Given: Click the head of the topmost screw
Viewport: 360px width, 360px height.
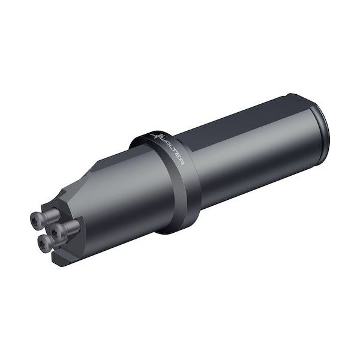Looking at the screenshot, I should tap(34, 215).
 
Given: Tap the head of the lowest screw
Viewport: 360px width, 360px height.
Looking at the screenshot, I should tap(43, 244).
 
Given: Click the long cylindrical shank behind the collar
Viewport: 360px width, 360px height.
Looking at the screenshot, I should tap(252, 150).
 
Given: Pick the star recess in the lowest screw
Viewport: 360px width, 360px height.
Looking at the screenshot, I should tap(42, 244).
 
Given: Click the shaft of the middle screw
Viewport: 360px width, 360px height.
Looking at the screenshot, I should tap(69, 224).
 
